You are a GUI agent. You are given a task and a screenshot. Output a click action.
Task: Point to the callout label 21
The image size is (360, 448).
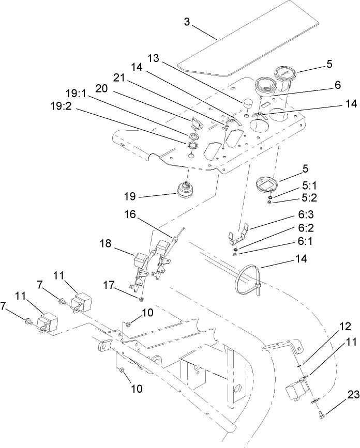coord(119,77)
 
